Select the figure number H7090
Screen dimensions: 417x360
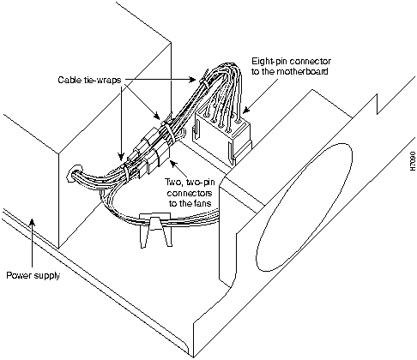(413, 161)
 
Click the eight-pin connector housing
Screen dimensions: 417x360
(221, 135)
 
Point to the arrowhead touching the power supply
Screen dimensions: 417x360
(33, 222)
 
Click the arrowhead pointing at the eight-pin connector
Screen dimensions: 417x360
(246, 110)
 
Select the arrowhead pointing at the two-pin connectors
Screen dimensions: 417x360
(173, 164)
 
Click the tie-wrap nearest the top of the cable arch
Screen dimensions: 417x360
(204, 80)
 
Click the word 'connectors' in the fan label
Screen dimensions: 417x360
(190, 193)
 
